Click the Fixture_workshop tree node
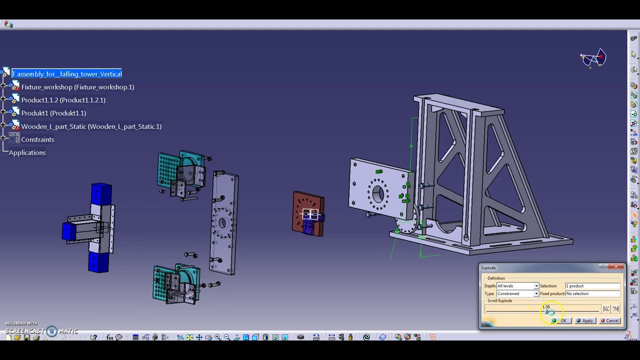[x=77, y=87]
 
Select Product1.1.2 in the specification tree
[x=63, y=100]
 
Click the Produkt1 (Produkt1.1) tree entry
[x=53, y=113]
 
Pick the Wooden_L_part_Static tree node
[x=91, y=126]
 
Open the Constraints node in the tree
[x=37, y=139]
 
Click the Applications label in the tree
[x=27, y=152]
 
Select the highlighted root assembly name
[x=67, y=74]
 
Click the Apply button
[x=584, y=321]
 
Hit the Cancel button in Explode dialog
[x=609, y=321]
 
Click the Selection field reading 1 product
[x=592, y=286]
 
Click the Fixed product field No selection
[x=592, y=293]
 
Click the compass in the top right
[x=593, y=58]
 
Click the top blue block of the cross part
[x=101, y=194]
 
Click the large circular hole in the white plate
[x=377, y=192]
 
